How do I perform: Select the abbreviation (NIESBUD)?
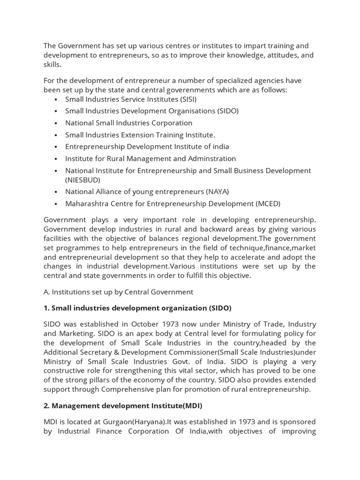point(83,180)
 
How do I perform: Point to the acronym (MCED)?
point(268,203)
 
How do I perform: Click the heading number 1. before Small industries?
point(46,308)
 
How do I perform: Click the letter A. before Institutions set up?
point(46,292)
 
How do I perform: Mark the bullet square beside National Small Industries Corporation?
point(56,123)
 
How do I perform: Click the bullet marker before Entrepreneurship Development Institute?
point(56,147)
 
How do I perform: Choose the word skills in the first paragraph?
point(52,64)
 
